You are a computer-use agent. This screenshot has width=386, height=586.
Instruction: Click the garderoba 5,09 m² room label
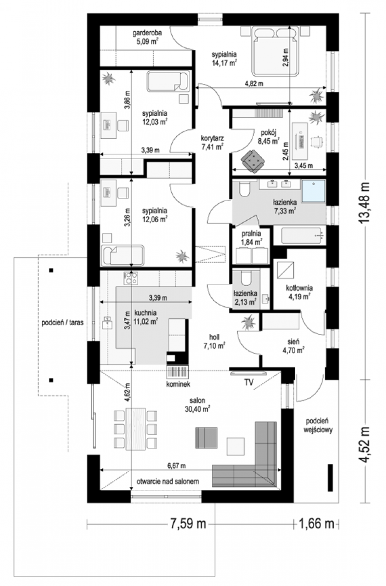click(x=147, y=37)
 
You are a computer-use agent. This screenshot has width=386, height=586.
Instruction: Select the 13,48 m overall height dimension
click(x=364, y=203)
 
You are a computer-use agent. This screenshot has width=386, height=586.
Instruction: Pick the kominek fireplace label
click(x=178, y=384)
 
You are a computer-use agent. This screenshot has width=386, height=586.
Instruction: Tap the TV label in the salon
click(x=249, y=382)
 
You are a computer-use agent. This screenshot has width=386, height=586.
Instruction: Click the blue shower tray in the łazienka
click(x=313, y=191)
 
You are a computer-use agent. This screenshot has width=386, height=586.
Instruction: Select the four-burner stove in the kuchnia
click(x=131, y=278)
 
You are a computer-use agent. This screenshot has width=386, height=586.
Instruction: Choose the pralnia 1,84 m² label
click(x=251, y=238)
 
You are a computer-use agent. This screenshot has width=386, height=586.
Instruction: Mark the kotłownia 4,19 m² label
click(x=299, y=292)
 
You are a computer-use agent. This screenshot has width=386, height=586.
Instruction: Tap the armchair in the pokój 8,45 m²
click(x=253, y=161)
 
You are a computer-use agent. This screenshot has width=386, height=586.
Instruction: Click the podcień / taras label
click(x=62, y=323)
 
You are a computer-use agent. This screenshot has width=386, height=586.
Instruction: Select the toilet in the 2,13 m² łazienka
click(x=245, y=278)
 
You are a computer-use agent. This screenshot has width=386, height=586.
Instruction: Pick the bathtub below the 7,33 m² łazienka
click(x=301, y=235)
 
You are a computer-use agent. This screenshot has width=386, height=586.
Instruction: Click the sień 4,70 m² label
click(x=293, y=346)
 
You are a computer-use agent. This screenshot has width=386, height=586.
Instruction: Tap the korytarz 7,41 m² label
click(x=212, y=142)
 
